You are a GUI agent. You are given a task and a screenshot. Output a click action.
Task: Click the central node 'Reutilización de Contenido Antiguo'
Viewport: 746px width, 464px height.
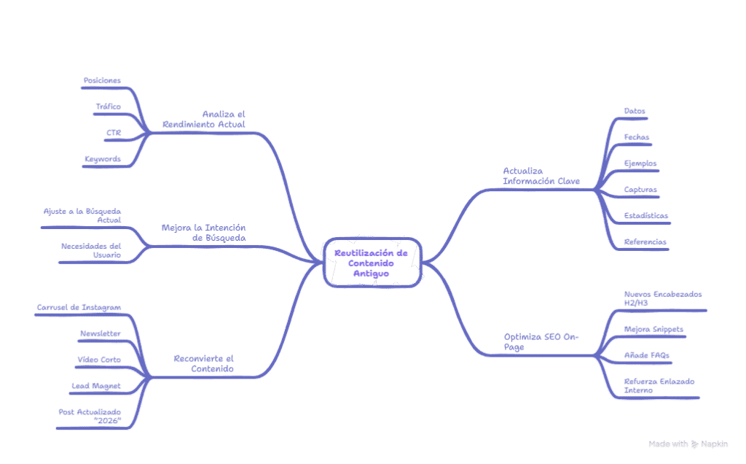tap(372, 263)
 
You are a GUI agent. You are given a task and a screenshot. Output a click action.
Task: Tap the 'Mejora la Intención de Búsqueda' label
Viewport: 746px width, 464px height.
tap(204, 232)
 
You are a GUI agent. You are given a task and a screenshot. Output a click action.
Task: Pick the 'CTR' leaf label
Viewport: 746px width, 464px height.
tap(114, 133)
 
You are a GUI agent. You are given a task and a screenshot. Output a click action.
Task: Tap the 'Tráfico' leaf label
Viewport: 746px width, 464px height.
tap(108, 107)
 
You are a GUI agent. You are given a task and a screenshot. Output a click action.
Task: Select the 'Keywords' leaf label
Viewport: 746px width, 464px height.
tap(102, 158)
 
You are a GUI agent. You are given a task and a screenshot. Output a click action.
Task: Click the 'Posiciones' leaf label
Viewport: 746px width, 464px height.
tap(102, 80)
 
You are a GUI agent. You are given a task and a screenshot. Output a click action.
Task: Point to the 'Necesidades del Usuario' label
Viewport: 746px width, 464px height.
tap(92, 250)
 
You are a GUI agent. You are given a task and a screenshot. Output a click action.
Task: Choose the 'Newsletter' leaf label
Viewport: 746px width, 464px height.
tap(101, 333)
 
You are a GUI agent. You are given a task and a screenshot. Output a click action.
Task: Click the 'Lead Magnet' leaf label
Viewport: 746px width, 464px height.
tap(96, 384)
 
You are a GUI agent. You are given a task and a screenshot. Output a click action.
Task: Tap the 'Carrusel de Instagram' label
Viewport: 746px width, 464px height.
tap(79, 307)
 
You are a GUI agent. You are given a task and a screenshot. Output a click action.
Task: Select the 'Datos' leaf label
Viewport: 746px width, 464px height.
tap(635, 111)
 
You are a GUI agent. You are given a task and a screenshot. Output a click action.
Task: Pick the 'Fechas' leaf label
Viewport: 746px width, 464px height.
tap(637, 137)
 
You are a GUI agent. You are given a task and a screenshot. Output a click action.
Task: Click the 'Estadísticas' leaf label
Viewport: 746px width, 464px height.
tap(645, 216)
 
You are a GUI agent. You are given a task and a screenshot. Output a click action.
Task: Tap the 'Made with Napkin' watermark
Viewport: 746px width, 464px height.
tap(688, 444)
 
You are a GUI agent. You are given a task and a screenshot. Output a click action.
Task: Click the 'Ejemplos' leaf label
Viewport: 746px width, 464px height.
tap(640, 163)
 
